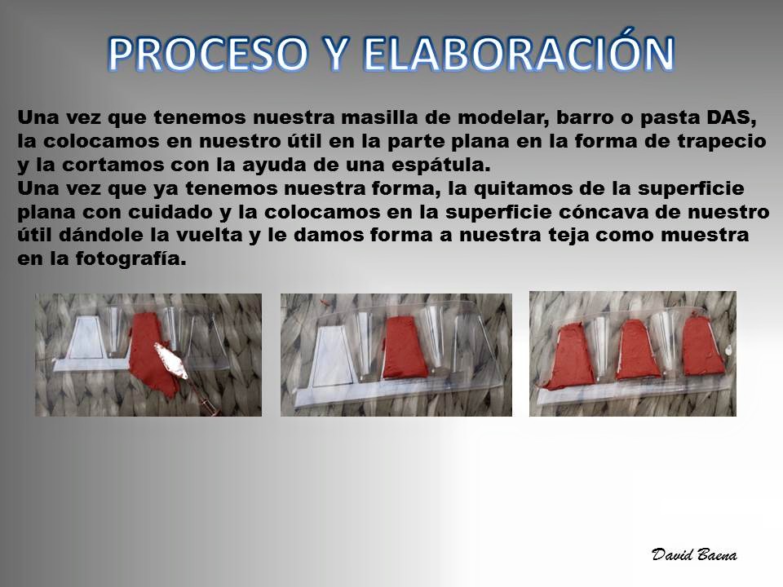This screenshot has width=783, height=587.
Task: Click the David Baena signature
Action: point(694,554)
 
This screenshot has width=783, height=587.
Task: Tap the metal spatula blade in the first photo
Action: point(170,360)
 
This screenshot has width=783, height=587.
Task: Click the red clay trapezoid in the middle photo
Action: point(405,347)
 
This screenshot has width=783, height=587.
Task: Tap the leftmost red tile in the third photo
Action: point(569,355)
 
